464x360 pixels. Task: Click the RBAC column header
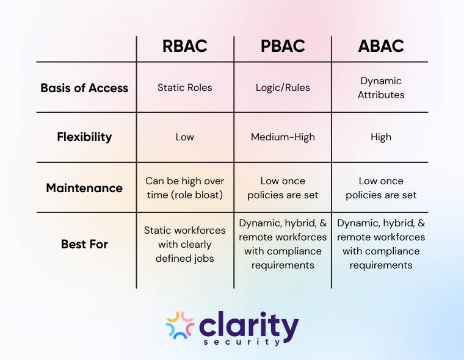tap(184, 46)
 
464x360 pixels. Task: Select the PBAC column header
tap(283, 46)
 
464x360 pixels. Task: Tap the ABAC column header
tap(381, 46)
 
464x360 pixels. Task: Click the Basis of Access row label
tap(84, 88)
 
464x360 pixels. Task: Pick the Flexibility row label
tap(84, 137)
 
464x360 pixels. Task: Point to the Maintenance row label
tap(84, 188)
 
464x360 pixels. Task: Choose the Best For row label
tap(84, 244)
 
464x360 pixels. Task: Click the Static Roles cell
tap(184, 87)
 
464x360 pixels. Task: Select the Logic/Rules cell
tap(283, 87)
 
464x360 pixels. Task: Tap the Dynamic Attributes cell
tap(381, 87)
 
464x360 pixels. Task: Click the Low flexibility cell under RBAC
tap(184, 137)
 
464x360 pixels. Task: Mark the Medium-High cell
tap(283, 137)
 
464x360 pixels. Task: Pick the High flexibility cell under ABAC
tap(381, 137)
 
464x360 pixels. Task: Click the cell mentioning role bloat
tap(184, 188)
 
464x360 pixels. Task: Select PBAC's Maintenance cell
tap(283, 188)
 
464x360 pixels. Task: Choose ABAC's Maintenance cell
tap(381, 188)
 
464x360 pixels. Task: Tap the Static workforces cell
tap(184, 244)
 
